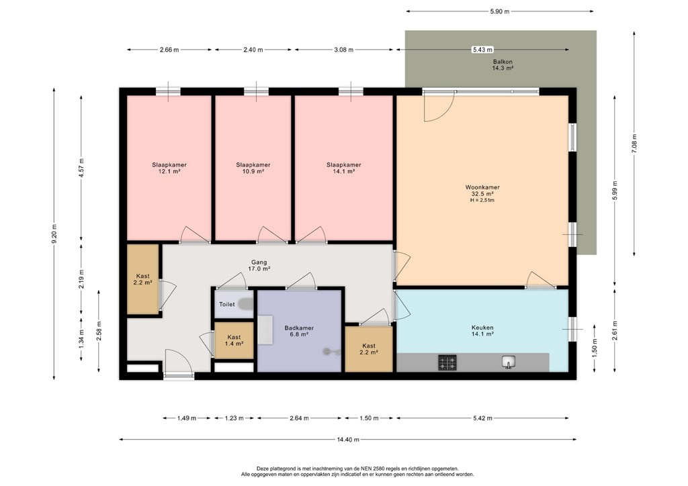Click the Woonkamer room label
(482, 187)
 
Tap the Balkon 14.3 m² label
(503, 65)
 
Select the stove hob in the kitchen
(447, 362)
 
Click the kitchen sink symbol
(509, 362)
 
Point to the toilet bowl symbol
(246, 303)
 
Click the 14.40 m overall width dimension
(348, 440)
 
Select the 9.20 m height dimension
(54, 234)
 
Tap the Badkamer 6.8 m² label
(299, 331)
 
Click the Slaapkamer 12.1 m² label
(169, 168)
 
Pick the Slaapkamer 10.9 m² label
(253, 168)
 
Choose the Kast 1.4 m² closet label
(234, 340)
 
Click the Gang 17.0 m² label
(259, 266)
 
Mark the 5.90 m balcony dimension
(500, 11)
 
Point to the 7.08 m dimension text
(634, 143)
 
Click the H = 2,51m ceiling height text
(482, 200)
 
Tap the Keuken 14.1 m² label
(482, 330)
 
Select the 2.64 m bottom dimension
(299, 418)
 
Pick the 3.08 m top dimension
(343, 50)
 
